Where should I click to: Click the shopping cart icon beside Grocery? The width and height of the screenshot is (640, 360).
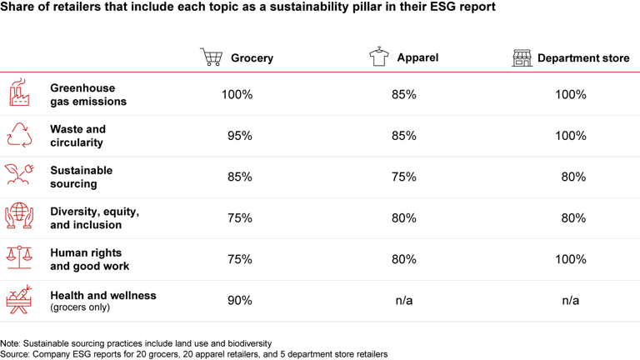pos(211,57)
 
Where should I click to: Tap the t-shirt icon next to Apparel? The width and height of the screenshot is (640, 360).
pos(379,57)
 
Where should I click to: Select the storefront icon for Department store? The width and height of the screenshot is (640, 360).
pos(522,57)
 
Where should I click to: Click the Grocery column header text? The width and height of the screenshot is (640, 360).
pos(252,58)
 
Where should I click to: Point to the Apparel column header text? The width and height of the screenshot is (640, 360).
pos(418,57)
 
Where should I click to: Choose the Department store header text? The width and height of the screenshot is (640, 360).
pos(583,58)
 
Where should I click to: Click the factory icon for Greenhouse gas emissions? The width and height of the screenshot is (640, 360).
pos(19,94)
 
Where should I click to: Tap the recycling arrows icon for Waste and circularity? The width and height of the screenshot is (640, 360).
pos(19,136)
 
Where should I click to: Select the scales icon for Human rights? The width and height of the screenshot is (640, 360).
pos(19,259)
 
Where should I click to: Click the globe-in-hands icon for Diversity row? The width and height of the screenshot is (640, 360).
pos(19,217)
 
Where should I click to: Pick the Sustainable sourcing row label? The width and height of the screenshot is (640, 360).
pos(81,177)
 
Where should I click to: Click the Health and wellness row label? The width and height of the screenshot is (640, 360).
pos(102,295)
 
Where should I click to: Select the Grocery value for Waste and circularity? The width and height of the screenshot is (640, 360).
pos(239,136)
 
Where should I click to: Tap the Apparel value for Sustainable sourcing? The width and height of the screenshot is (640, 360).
pos(403,177)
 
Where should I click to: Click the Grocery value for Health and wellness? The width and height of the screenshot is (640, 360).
pos(239,300)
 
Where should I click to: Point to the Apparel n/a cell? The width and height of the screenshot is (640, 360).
pos(403,300)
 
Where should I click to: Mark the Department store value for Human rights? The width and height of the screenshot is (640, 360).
pos(570,259)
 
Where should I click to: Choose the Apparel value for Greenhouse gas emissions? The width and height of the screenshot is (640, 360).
pos(403,95)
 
